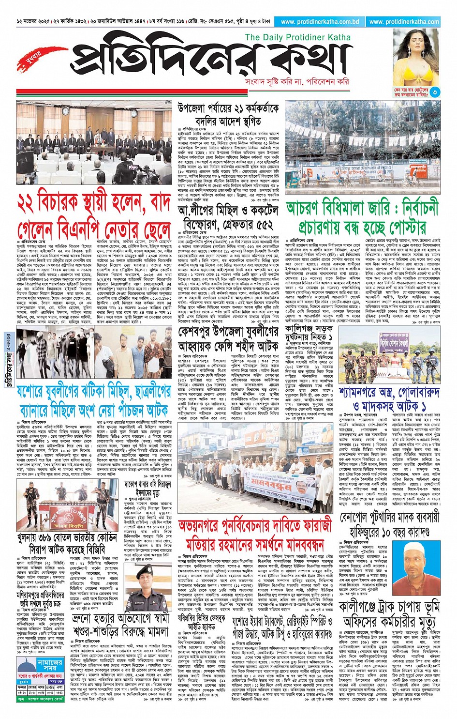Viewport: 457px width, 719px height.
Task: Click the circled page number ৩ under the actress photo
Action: [435, 92]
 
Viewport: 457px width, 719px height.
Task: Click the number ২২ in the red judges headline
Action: [31, 202]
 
